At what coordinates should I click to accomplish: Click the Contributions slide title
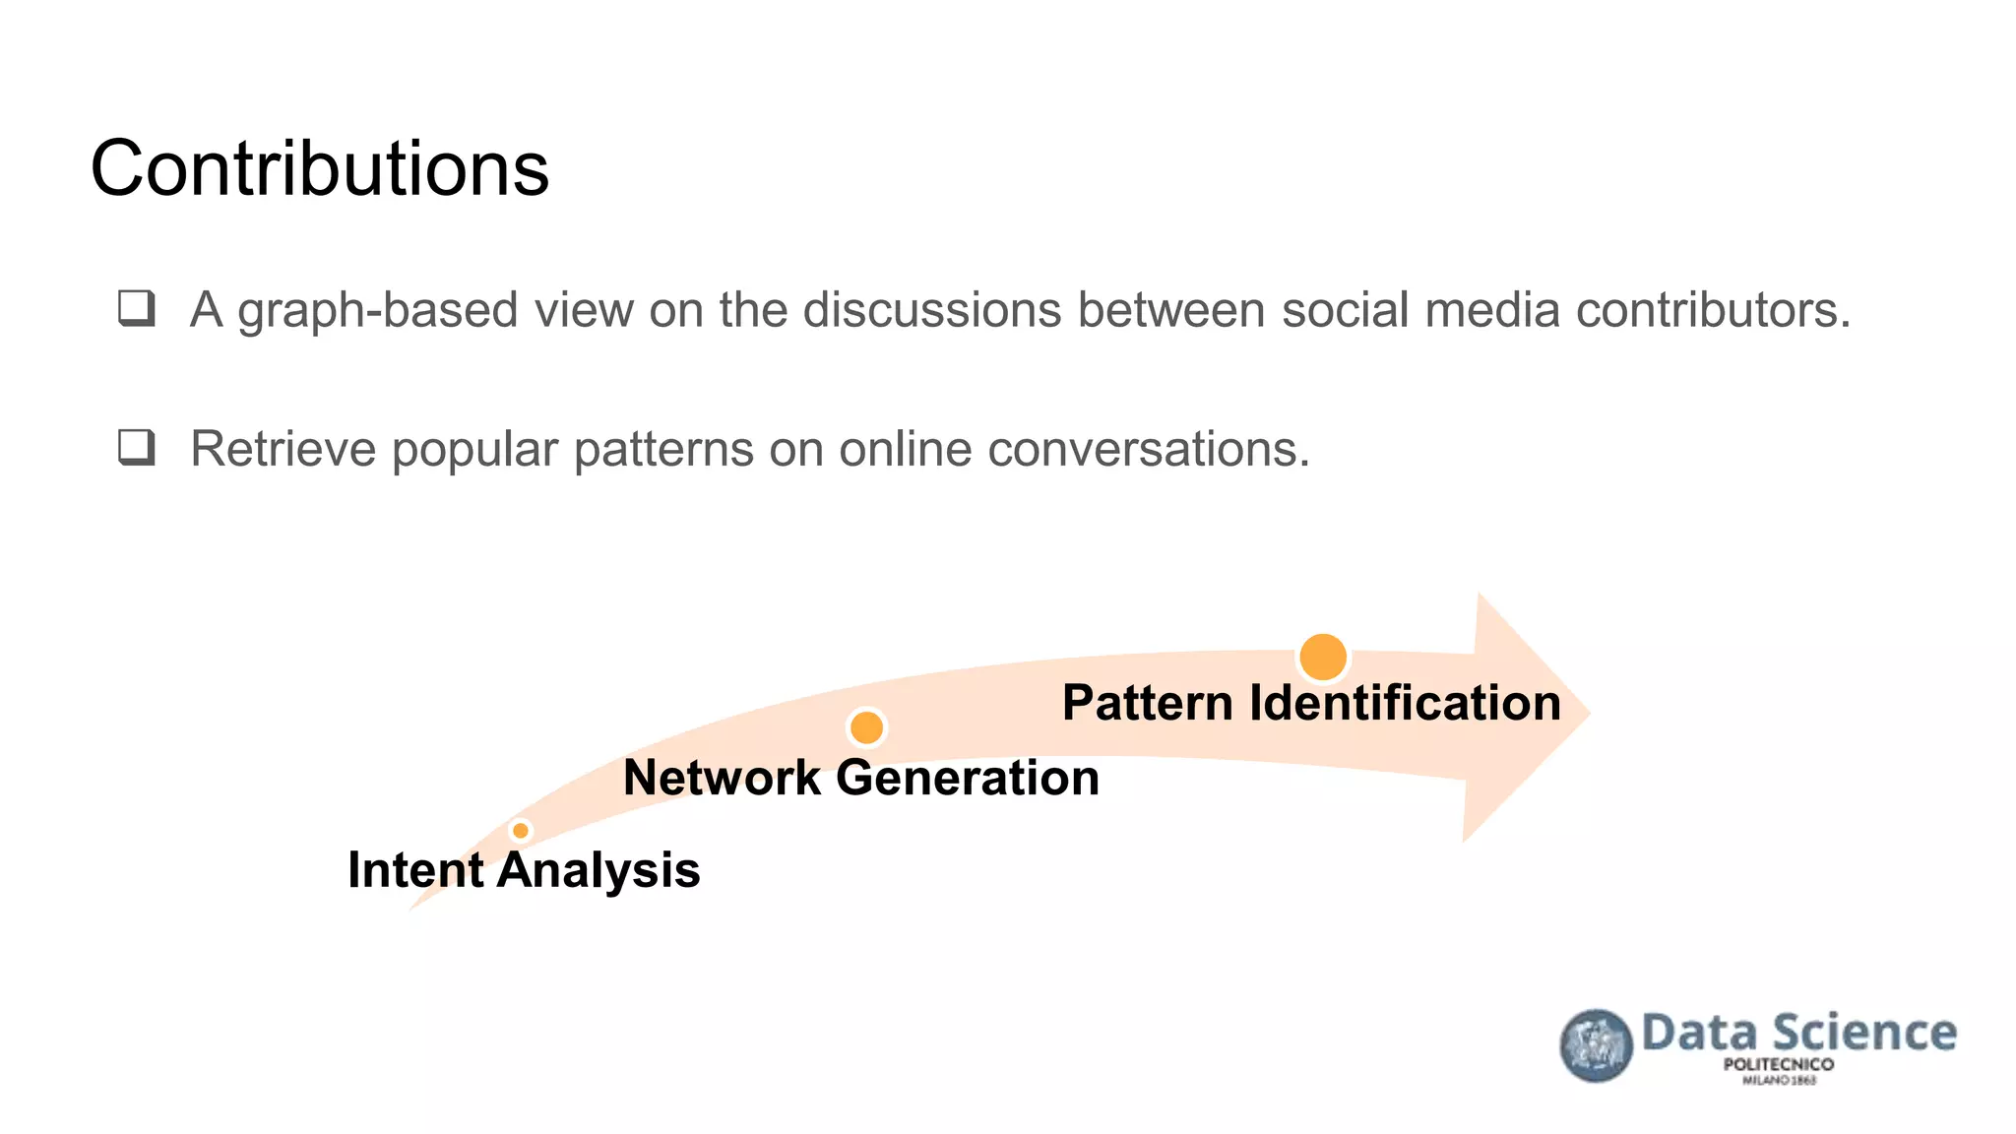(319, 169)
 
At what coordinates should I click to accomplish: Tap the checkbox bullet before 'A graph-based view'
(137, 308)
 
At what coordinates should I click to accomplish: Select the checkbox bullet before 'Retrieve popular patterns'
(137, 447)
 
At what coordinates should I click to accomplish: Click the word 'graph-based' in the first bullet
(378, 311)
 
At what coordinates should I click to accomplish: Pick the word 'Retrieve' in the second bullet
(283, 449)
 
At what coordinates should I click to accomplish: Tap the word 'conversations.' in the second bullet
(1148, 449)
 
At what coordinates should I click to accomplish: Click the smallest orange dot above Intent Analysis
(521, 831)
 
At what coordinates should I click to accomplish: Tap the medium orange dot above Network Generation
(866, 727)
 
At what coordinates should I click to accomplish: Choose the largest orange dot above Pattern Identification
(1322, 657)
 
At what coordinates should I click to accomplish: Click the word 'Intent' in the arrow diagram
(415, 870)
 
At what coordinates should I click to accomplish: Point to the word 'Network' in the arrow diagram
(722, 778)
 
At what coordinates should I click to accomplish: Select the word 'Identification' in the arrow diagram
(1405, 703)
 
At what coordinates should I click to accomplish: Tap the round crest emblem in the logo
(1596, 1045)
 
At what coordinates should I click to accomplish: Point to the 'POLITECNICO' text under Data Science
(1778, 1064)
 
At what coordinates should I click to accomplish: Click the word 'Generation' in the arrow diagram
(968, 778)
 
